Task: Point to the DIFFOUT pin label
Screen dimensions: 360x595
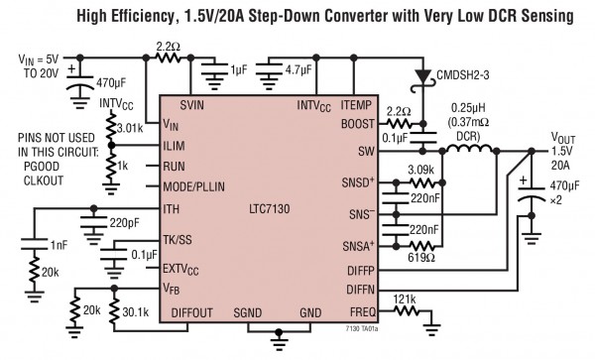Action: tap(194, 312)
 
